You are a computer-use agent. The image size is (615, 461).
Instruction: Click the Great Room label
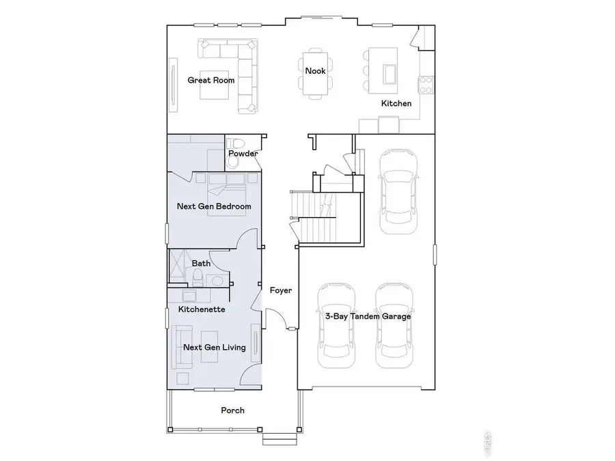(x=211, y=81)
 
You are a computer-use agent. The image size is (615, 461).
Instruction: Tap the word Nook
(x=315, y=71)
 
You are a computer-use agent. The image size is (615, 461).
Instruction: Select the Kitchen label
(x=396, y=104)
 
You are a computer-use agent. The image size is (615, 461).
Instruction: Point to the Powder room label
(x=243, y=154)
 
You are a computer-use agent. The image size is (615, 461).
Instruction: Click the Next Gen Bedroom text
(x=214, y=206)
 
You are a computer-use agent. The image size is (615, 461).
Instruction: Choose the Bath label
(x=201, y=263)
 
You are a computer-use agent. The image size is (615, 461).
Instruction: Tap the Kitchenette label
(x=202, y=309)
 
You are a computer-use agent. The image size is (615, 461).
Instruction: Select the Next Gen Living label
(x=214, y=348)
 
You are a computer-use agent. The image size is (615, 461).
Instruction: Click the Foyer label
(x=280, y=290)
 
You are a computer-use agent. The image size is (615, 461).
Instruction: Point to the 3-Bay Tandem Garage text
(x=368, y=317)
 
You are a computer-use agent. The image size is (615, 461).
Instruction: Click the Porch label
(x=232, y=410)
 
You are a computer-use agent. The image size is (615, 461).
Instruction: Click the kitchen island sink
(x=391, y=72)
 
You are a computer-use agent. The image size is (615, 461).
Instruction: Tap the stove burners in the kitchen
(x=426, y=85)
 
